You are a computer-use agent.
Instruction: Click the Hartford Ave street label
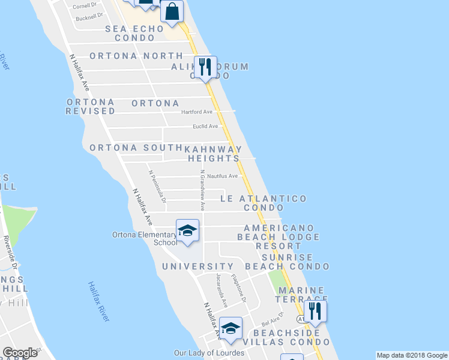(197, 112)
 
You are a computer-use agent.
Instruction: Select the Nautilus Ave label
(222, 176)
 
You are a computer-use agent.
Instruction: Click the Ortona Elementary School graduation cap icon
(187, 230)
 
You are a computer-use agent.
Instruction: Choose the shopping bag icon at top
(172, 11)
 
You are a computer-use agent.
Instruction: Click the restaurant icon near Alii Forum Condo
(205, 66)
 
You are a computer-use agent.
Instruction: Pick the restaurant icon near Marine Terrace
(313, 311)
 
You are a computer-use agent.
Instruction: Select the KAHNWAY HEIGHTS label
(213, 154)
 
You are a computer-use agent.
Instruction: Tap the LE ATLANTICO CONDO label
(264, 203)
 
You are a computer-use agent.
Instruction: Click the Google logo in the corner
(20, 353)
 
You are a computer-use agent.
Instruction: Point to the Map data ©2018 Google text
(412, 355)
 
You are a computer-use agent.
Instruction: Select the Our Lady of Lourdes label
(208, 353)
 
